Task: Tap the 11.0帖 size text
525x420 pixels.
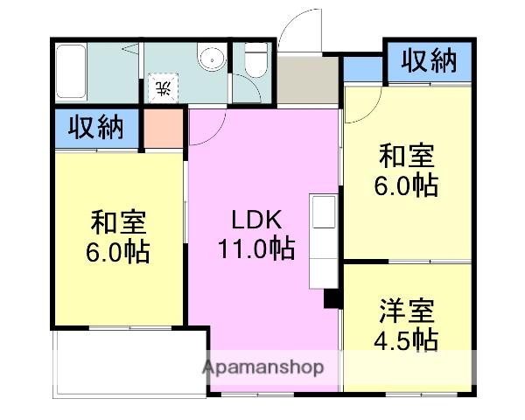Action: pyautogui.click(x=255, y=248)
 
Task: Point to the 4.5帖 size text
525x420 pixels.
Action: pyautogui.click(x=408, y=339)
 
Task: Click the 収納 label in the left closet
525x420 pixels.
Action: pyautogui.click(x=96, y=128)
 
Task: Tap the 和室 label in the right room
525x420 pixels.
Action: pyautogui.click(x=407, y=157)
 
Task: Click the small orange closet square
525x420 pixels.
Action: pyautogui.click(x=163, y=129)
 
